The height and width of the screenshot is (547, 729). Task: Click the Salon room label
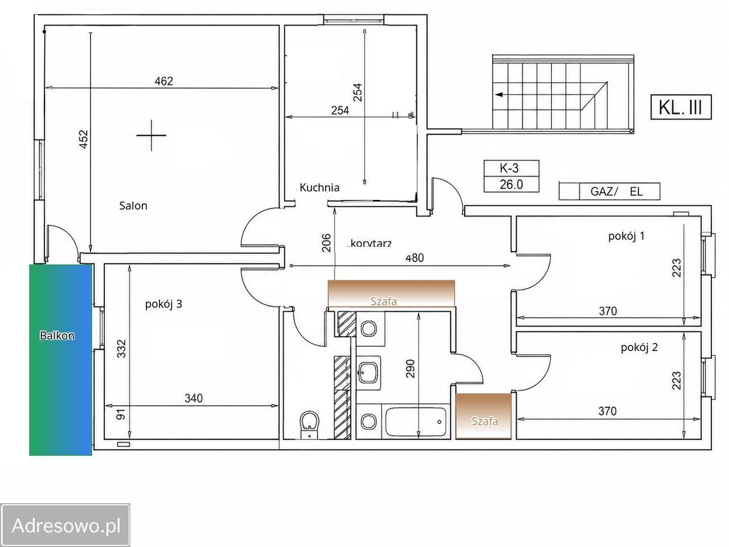pos(133,206)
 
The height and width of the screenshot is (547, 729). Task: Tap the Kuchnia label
pos(320,187)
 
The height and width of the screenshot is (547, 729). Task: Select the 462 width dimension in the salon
pos(163,81)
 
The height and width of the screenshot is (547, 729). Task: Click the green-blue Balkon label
pos(57,336)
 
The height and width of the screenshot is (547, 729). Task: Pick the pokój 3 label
pos(163,304)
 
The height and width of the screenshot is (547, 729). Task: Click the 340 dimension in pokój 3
pos(194,398)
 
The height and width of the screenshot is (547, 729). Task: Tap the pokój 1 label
pos(626,236)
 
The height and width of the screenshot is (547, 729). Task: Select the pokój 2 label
pos(640,348)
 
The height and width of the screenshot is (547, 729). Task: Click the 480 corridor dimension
pos(415,258)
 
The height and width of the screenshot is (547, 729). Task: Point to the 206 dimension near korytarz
pos(327,243)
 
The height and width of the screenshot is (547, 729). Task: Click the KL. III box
pos(681,107)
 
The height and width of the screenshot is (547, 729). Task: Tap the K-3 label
pos(509,169)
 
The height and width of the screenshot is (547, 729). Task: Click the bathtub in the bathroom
pos(416,422)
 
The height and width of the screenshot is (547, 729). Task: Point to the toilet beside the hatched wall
pos(309,425)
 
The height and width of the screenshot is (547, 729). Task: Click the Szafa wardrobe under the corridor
pos(391,293)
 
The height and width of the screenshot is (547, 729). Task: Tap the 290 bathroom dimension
pos(411,369)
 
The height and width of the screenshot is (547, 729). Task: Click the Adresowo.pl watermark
pos(65,526)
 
